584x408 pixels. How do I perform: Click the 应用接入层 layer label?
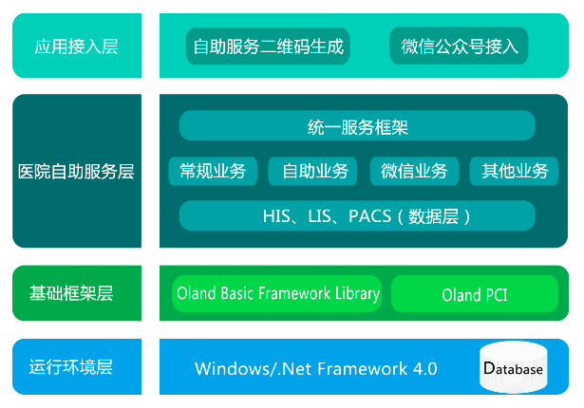(x=76, y=46)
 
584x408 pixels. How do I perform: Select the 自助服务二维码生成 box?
(x=268, y=46)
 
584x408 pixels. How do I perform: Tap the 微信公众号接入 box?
(x=459, y=46)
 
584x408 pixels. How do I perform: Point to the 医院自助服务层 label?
(x=76, y=172)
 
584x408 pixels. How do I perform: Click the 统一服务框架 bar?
(x=357, y=125)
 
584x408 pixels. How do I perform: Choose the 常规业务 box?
(x=213, y=171)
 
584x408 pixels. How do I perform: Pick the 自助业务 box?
(x=312, y=171)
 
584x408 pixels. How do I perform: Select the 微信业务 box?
(x=415, y=171)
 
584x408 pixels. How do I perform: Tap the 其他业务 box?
(x=514, y=171)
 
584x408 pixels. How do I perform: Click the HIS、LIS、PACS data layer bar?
(x=357, y=215)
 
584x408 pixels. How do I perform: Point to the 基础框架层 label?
(x=71, y=293)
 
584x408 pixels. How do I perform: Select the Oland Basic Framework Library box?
(x=277, y=293)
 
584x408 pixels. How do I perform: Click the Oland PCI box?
(x=475, y=293)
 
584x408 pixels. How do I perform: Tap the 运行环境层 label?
(x=71, y=366)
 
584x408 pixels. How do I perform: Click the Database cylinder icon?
(x=514, y=367)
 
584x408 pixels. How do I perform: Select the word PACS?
(x=369, y=216)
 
